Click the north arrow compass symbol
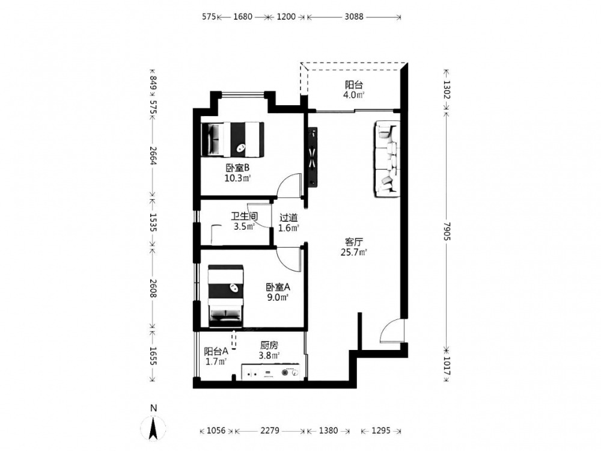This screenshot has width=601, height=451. (153, 426)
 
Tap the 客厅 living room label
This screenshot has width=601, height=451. (354, 242)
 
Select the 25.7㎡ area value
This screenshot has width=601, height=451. (354, 253)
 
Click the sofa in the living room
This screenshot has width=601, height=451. (387, 159)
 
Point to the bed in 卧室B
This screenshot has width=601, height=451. (233, 140)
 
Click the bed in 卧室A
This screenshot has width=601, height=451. (226, 295)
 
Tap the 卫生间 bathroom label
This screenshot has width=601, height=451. (244, 216)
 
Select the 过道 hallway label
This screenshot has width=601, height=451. (288, 218)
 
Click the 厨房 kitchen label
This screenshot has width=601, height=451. (269, 346)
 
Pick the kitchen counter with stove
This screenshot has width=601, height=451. (271, 372)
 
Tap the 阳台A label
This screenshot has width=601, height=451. (216, 351)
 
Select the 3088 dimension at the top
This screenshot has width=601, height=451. (353, 16)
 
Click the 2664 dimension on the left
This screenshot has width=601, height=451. (153, 155)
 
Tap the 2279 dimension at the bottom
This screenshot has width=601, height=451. (270, 431)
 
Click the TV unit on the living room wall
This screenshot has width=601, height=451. (313, 156)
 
